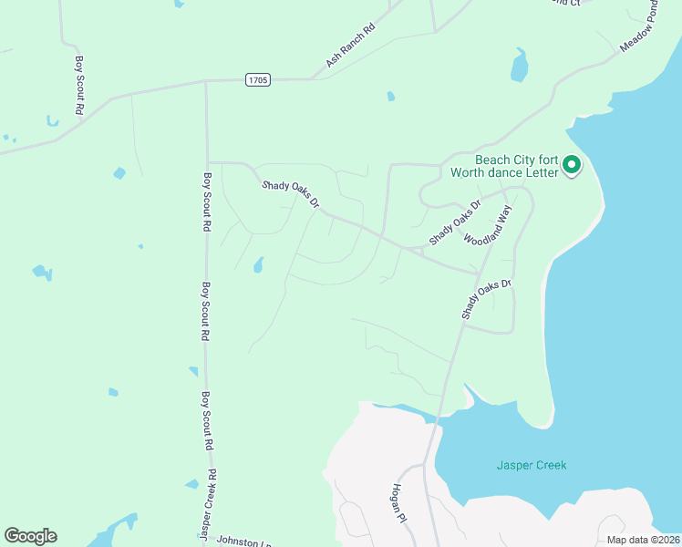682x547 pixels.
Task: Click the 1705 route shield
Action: (258, 80)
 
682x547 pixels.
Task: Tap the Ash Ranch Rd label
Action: (350, 46)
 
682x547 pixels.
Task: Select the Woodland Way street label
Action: (488, 228)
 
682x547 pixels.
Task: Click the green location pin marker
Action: (573, 165)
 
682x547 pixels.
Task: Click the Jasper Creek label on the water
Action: (532, 465)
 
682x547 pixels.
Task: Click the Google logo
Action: (30, 536)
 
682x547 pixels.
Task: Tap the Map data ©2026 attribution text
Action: (637, 540)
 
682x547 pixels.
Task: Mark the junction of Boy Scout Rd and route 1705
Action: (206, 81)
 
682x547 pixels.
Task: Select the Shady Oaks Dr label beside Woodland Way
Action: (454, 223)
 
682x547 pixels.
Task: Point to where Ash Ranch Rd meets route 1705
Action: (313, 78)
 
